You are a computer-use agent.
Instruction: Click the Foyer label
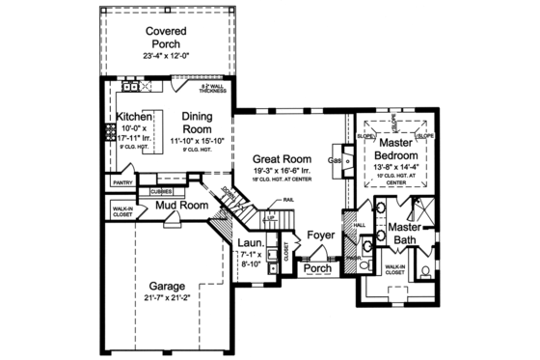click(x=320, y=235)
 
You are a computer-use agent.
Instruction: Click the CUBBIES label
click(x=162, y=191)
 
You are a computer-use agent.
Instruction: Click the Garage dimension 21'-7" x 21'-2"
click(x=170, y=300)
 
